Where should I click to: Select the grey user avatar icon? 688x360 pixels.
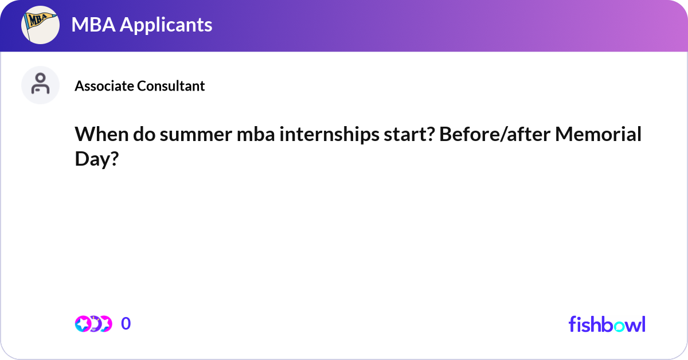(40, 85)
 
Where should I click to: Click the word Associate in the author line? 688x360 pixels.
(104, 86)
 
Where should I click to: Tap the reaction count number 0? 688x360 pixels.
(126, 324)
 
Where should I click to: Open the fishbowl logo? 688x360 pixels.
(607, 324)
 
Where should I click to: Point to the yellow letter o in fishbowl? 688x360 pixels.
(621, 325)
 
